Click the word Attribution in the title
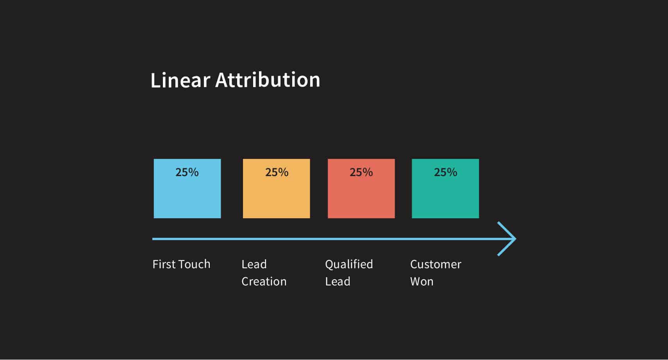pyautogui.click(x=268, y=80)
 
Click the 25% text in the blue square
pyautogui.click(x=187, y=172)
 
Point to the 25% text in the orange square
pyautogui.click(x=277, y=172)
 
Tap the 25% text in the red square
pyautogui.click(x=361, y=172)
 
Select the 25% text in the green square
pyautogui.click(x=446, y=172)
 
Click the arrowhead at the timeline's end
pyautogui.click(x=508, y=239)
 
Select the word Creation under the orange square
pyautogui.click(x=264, y=282)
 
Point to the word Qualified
pyautogui.click(x=349, y=264)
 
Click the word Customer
pyautogui.click(x=436, y=264)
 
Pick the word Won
pyautogui.click(x=422, y=282)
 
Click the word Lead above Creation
pyautogui.click(x=254, y=264)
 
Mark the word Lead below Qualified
pyautogui.click(x=338, y=282)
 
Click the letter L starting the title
pyautogui.click(x=155, y=80)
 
